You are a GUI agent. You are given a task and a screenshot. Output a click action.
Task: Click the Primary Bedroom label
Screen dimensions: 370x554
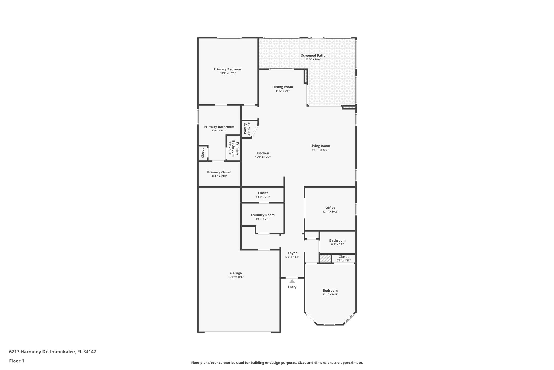coord(228,69)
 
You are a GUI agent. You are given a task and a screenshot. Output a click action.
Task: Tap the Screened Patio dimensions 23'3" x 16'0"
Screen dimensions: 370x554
coord(313,59)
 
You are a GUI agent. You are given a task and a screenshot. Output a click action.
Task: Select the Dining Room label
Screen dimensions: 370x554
coord(282,87)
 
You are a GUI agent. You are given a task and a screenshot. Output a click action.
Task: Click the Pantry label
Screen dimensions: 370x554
coord(245,128)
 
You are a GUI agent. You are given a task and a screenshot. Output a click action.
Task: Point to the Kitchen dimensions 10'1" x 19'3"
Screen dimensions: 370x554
coord(263,157)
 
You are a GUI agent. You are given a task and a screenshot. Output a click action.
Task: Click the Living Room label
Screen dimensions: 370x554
coord(320,146)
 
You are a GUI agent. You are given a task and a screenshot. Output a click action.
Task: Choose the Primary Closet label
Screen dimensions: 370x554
coord(219,172)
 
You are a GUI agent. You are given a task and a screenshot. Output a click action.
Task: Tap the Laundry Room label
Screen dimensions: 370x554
coord(262,215)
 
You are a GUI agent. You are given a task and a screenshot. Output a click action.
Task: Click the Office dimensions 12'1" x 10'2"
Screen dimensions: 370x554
coord(330,211)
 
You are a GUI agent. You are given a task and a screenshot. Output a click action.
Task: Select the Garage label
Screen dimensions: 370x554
coord(236,273)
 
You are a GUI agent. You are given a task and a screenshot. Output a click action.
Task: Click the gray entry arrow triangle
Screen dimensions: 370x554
coord(292,281)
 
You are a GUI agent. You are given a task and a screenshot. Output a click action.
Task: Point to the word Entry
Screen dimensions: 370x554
coord(292,287)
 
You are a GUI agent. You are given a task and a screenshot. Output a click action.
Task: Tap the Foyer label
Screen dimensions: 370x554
coord(292,253)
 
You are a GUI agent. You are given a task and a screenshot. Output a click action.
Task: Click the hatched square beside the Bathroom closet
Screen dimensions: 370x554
coord(325,259)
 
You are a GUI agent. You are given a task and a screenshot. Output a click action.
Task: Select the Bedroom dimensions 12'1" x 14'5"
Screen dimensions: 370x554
coord(330,294)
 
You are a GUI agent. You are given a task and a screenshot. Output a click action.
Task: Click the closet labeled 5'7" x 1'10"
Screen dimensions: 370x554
coord(344,258)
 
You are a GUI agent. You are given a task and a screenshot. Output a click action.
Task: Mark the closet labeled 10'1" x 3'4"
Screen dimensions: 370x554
coord(263,195)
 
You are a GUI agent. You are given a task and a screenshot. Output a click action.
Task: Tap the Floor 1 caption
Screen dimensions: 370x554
coord(17,361)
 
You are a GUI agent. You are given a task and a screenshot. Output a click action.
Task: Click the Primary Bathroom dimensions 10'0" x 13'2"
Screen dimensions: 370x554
coord(219,131)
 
